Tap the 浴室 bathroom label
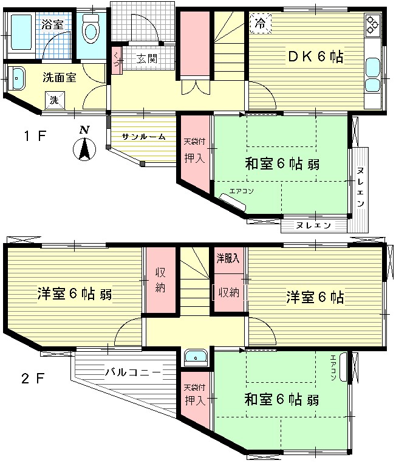(53, 25)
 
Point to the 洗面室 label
(58, 77)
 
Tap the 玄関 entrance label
(146, 59)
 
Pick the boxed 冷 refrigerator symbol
(260, 25)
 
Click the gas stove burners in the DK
(372, 26)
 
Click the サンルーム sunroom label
(143, 137)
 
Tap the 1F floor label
(35, 135)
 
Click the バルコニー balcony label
(132, 371)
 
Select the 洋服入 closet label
(228, 258)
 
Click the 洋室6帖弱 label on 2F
(74, 294)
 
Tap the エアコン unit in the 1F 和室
(234, 202)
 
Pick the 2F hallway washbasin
(196, 357)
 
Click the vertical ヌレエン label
(360, 187)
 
